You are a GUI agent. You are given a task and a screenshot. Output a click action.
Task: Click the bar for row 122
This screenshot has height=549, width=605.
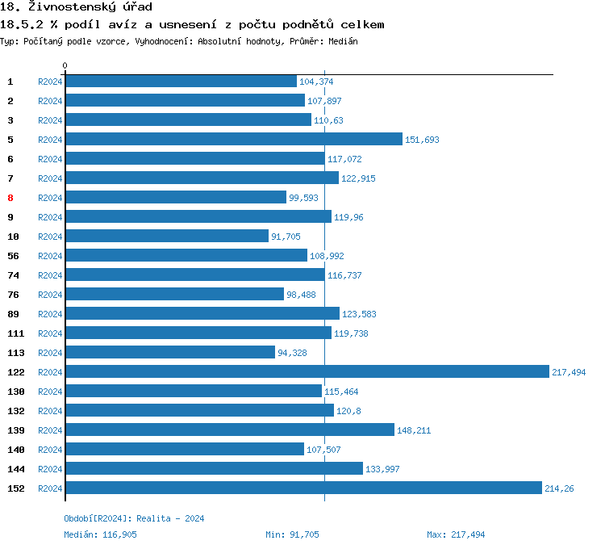(x=307, y=371)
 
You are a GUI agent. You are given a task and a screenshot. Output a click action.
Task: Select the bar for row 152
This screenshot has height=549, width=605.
(x=303, y=488)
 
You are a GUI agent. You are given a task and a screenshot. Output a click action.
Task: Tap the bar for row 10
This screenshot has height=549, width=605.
(x=167, y=236)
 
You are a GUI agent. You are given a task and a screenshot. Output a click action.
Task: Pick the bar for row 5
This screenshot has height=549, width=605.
(x=234, y=139)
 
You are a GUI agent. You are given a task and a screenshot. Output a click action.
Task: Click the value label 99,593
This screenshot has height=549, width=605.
(x=306, y=198)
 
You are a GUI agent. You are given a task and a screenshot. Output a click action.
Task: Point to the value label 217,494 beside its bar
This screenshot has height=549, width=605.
(x=569, y=372)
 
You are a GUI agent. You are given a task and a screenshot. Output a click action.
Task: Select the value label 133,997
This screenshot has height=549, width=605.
(x=382, y=469)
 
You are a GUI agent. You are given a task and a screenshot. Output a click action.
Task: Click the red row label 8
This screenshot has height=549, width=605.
(x=10, y=198)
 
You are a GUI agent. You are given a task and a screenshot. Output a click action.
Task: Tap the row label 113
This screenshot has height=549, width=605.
(x=16, y=353)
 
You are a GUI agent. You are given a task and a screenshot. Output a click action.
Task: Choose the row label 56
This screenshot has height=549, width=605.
(x=13, y=256)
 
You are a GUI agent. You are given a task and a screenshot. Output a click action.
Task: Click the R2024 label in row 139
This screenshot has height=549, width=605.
(x=50, y=430)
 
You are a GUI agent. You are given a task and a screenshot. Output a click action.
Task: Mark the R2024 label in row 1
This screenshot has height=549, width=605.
(x=50, y=82)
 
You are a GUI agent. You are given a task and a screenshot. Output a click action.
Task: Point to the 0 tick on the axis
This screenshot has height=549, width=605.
(x=65, y=65)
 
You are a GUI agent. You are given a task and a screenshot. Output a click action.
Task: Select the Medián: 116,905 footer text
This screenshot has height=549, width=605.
(x=101, y=534)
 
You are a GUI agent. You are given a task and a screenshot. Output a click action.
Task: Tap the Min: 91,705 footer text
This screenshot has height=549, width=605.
(x=292, y=534)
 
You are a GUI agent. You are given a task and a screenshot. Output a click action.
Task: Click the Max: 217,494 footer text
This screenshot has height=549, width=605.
(x=456, y=534)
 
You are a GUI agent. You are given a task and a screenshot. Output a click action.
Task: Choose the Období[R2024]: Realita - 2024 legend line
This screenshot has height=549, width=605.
(x=134, y=518)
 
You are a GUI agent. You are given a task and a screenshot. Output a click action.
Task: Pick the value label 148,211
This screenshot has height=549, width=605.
(x=414, y=430)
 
